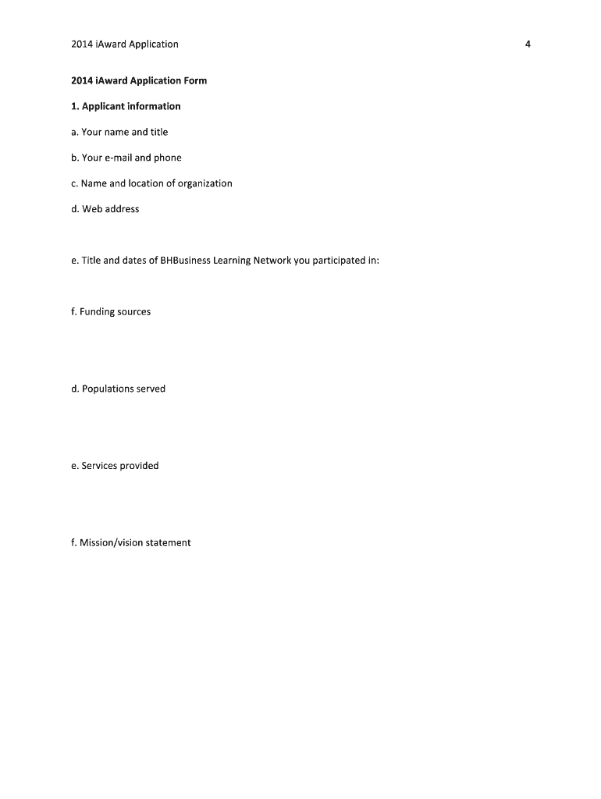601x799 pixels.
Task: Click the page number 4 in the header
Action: point(528,44)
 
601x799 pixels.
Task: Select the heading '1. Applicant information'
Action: point(125,106)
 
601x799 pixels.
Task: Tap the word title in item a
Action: point(159,132)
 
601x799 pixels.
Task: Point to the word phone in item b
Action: point(167,158)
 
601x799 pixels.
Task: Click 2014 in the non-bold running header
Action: point(80,44)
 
